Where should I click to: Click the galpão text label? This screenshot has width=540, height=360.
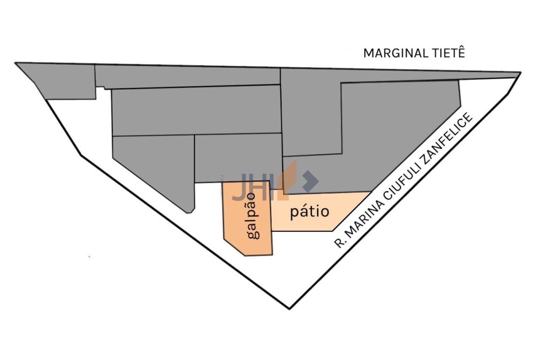click(x=253, y=215)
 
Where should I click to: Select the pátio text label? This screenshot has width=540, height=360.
click(x=309, y=211)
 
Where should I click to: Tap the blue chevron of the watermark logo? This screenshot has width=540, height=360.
click(x=311, y=181)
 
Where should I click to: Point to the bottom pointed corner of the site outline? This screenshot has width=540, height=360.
click(x=289, y=308)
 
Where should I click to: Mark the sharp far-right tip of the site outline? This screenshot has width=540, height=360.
click(x=520, y=73)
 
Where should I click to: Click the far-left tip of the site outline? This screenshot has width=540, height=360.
click(x=16, y=64)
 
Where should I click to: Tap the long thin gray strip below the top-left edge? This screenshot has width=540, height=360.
click(x=188, y=77)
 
